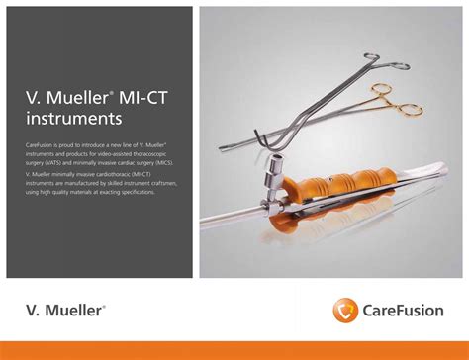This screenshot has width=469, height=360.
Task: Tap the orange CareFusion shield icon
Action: [x=345, y=310]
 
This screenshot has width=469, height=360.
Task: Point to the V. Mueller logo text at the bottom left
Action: [x=63, y=311]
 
